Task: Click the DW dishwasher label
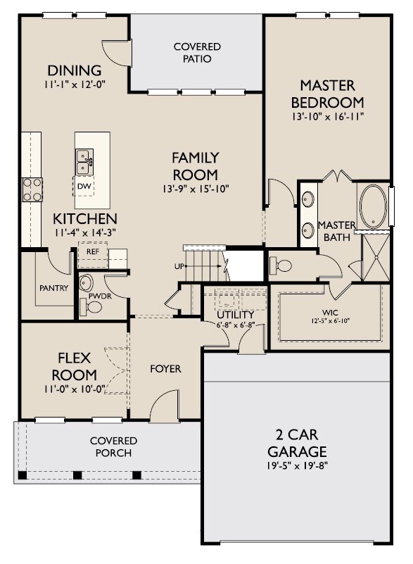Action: pyautogui.click(x=84, y=187)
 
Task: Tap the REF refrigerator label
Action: pyautogui.click(x=93, y=252)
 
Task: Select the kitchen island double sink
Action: pyautogui.click(x=84, y=162)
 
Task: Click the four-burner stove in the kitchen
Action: pyautogui.click(x=32, y=189)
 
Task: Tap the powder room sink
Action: pyautogui.click(x=86, y=283)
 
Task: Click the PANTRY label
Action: pyautogui.click(x=54, y=288)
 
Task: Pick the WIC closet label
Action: pyautogui.click(x=330, y=313)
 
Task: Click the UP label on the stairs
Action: pyautogui.click(x=179, y=266)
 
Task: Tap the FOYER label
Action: pyautogui.click(x=166, y=369)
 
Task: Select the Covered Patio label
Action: pyautogui.click(x=197, y=53)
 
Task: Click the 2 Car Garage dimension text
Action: pyautogui.click(x=297, y=466)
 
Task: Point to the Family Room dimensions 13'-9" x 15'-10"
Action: pyautogui.click(x=196, y=189)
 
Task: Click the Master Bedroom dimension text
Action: pyautogui.click(x=328, y=117)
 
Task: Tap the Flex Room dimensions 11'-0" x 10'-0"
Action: pyautogui.click(x=75, y=389)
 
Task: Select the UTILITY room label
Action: pyautogui.click(x=236, y=315)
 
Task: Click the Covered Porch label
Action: pyautogui.click(x=113, y=446)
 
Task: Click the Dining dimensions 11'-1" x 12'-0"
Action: pyautogui.click(x=75, y=84)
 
